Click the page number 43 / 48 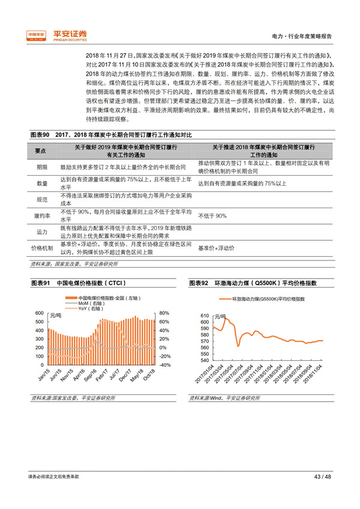tap(323, 477)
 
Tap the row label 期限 tap(41, 166)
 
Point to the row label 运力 tap(41, 232)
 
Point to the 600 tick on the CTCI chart tap(40, 313)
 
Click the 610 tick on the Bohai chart tap(203, 316)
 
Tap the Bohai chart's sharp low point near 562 tap(238, 346)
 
